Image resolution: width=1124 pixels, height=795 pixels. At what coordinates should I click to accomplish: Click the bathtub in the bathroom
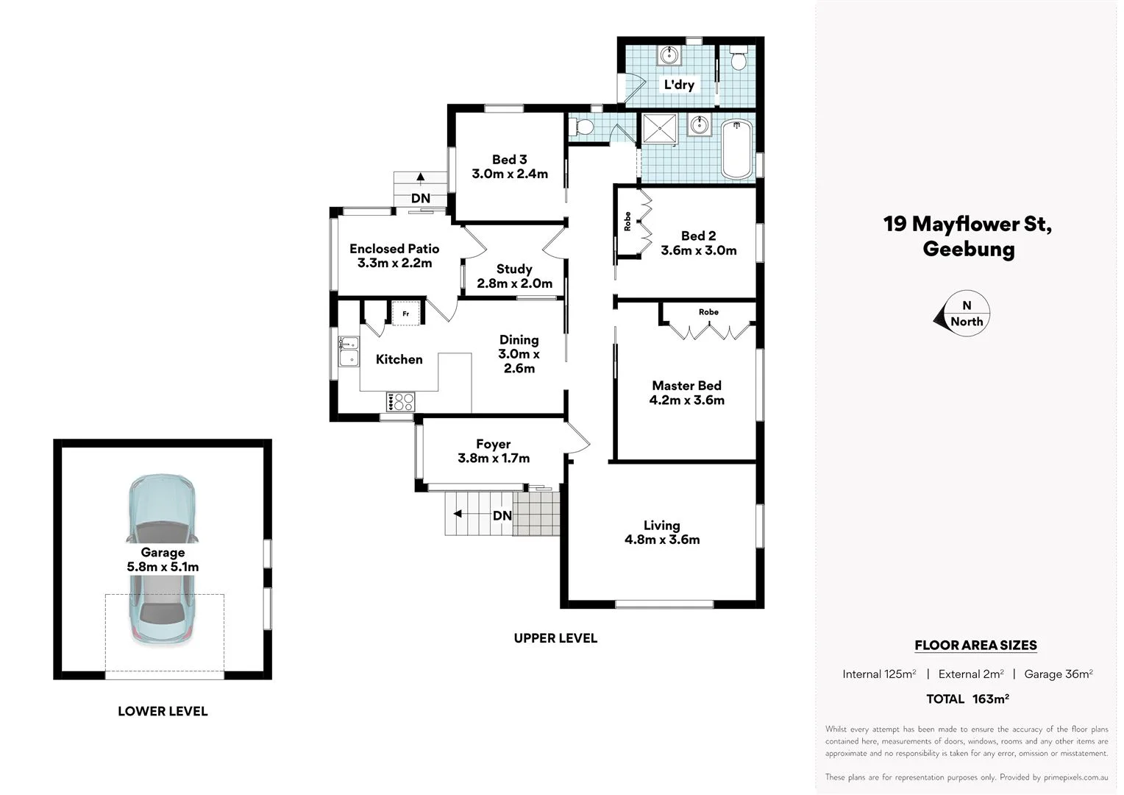pos(737,149)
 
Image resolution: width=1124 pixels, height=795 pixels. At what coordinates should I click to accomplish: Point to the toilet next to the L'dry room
pos(738,57)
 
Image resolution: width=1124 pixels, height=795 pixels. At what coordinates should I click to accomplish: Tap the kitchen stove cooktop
pos(400,402)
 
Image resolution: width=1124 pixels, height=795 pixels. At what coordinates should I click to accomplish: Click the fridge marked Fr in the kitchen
pos(405,313)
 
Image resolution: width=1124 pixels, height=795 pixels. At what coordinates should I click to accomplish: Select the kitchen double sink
pos(349,351)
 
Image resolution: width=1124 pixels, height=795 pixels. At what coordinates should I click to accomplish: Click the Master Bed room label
pos(686,386)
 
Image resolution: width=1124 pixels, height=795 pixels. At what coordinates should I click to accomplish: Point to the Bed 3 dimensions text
pos(510,174)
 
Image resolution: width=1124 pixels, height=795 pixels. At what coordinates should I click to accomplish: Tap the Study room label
pos(513,269)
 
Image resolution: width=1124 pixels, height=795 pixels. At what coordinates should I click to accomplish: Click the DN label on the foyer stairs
pos(502,516)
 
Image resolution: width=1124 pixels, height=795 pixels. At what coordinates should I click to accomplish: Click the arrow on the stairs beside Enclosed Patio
pos(420,177)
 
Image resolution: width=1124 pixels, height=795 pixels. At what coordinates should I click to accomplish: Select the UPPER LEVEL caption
pos(555,638)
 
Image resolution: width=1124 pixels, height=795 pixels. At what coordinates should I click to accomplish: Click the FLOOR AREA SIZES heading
pos(975,646)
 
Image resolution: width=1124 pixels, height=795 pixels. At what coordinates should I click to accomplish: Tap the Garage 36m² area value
pos(1058,674)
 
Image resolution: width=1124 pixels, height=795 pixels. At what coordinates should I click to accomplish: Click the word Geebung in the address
pos(968,249)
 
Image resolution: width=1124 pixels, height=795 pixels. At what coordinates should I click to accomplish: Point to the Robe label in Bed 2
pos(627,222)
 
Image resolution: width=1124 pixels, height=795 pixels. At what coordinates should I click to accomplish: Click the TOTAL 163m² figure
pos(967,699)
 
